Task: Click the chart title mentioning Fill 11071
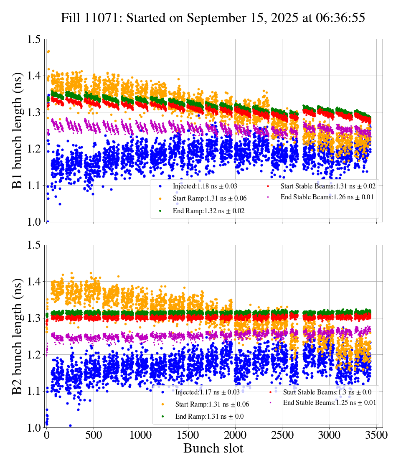[x=213, y=18]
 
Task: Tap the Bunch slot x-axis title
[x=213, y=448]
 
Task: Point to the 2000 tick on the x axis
[x=235, y=435]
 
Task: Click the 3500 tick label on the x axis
[x=376, y=435]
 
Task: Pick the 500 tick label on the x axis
[x=94, y=435]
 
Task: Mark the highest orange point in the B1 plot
[x=48, y=51]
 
